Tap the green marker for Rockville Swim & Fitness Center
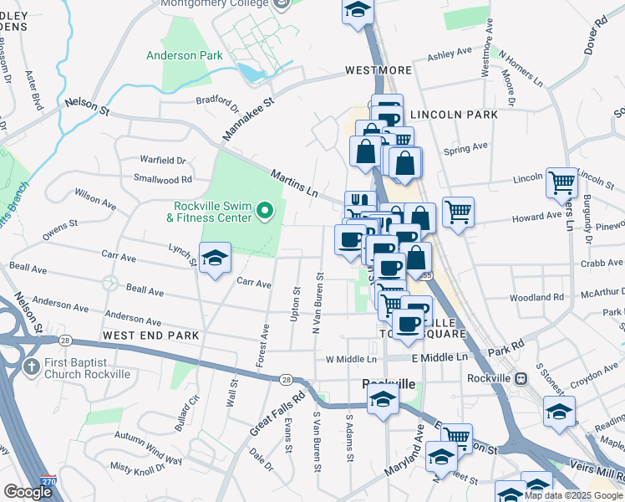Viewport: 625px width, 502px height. click(265, 211)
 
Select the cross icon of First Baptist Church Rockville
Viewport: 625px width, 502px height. click(31, 366)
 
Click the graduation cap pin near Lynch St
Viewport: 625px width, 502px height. click(215, 258)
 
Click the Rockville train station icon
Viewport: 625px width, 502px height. click(521, 378)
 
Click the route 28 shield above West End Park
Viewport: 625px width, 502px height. click(64, 341)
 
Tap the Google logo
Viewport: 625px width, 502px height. click(28, 492)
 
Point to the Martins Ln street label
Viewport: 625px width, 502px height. click(294, 182)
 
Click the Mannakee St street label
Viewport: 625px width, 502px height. click(248, 120)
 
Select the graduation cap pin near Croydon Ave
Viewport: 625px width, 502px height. click(559, 411)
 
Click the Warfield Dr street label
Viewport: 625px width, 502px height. click(162, 159)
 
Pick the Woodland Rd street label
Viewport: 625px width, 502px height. click(536, 297)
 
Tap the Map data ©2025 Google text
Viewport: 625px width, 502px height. click(573, 494)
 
